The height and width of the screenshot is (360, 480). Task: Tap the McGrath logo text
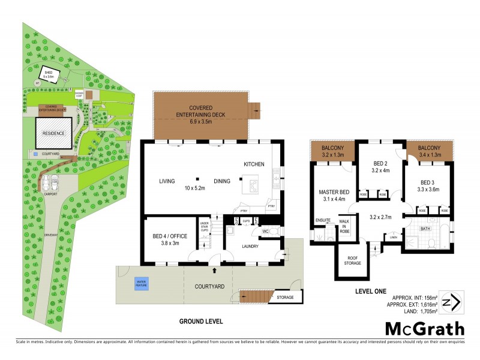[424, 328]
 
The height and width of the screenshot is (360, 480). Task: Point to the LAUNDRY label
[249, 245]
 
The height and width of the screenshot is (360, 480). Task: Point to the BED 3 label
[427, 182]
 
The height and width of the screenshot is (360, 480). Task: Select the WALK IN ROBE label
[345, 226]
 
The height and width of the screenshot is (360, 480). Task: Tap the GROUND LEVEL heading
[201, 322]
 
